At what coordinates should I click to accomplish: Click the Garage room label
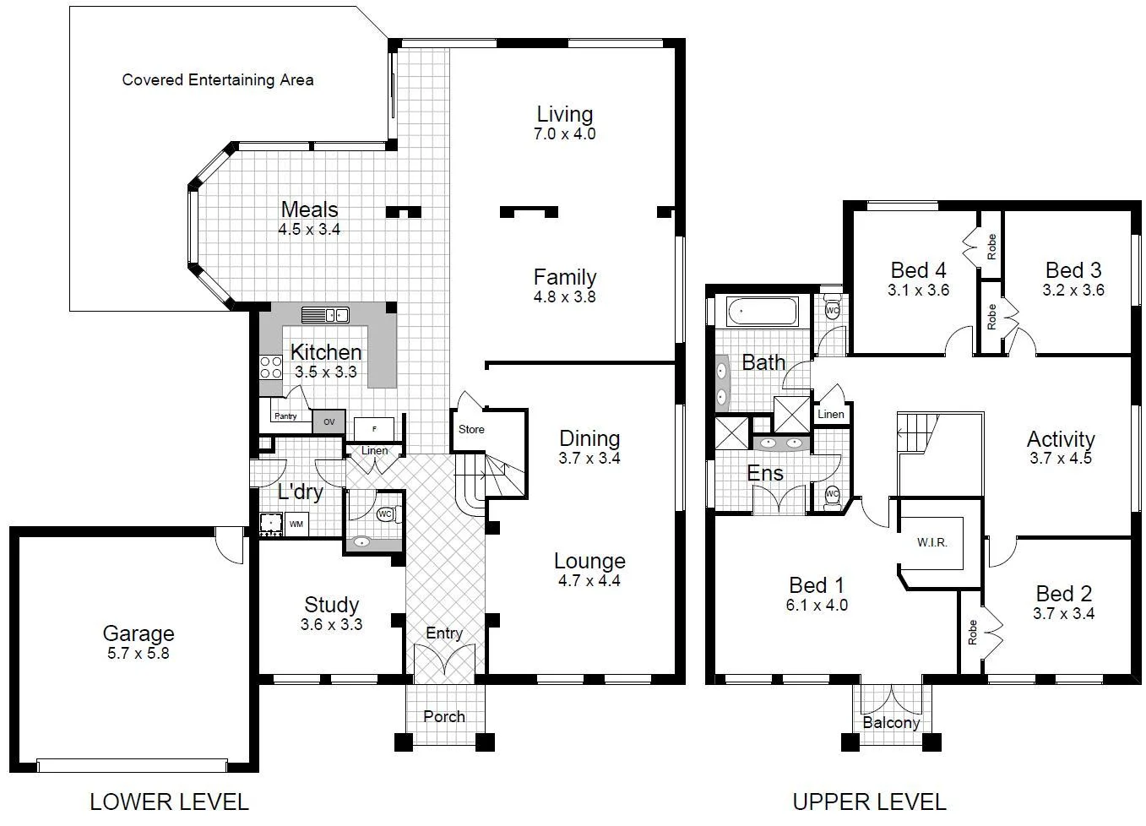[x=138, y=633]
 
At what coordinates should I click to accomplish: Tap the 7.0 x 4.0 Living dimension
[x=564, y=133]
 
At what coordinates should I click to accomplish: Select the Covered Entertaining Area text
[x=218, y=80]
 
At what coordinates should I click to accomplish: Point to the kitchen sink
[x=325, y=315]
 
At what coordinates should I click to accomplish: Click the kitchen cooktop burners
[x=270, y=367]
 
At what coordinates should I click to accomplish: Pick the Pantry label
[x=285, y=416]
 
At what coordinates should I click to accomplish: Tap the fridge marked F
[x=373, y=428]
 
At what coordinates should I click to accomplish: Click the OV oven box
[x=329, y=421]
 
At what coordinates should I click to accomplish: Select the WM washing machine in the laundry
[x=296, y=524]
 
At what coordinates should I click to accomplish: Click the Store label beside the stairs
[x=471, y=429]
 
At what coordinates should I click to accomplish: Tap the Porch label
[x=444, y=716]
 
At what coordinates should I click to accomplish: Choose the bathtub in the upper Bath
[x=763, y=312]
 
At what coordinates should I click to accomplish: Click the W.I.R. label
[x=932, y=542]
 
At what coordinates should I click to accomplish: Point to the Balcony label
[x=891, y=723]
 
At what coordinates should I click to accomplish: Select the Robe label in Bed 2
[x=972, y=632]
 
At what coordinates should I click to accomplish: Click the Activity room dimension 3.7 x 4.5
[x=1061, y=459]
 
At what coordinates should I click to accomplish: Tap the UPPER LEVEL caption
[x=869, y=801]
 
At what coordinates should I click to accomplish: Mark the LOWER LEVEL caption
[x=169, y=801]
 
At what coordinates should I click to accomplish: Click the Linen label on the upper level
[x=831, y=414]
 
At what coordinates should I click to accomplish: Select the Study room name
[x=332, y=605]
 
